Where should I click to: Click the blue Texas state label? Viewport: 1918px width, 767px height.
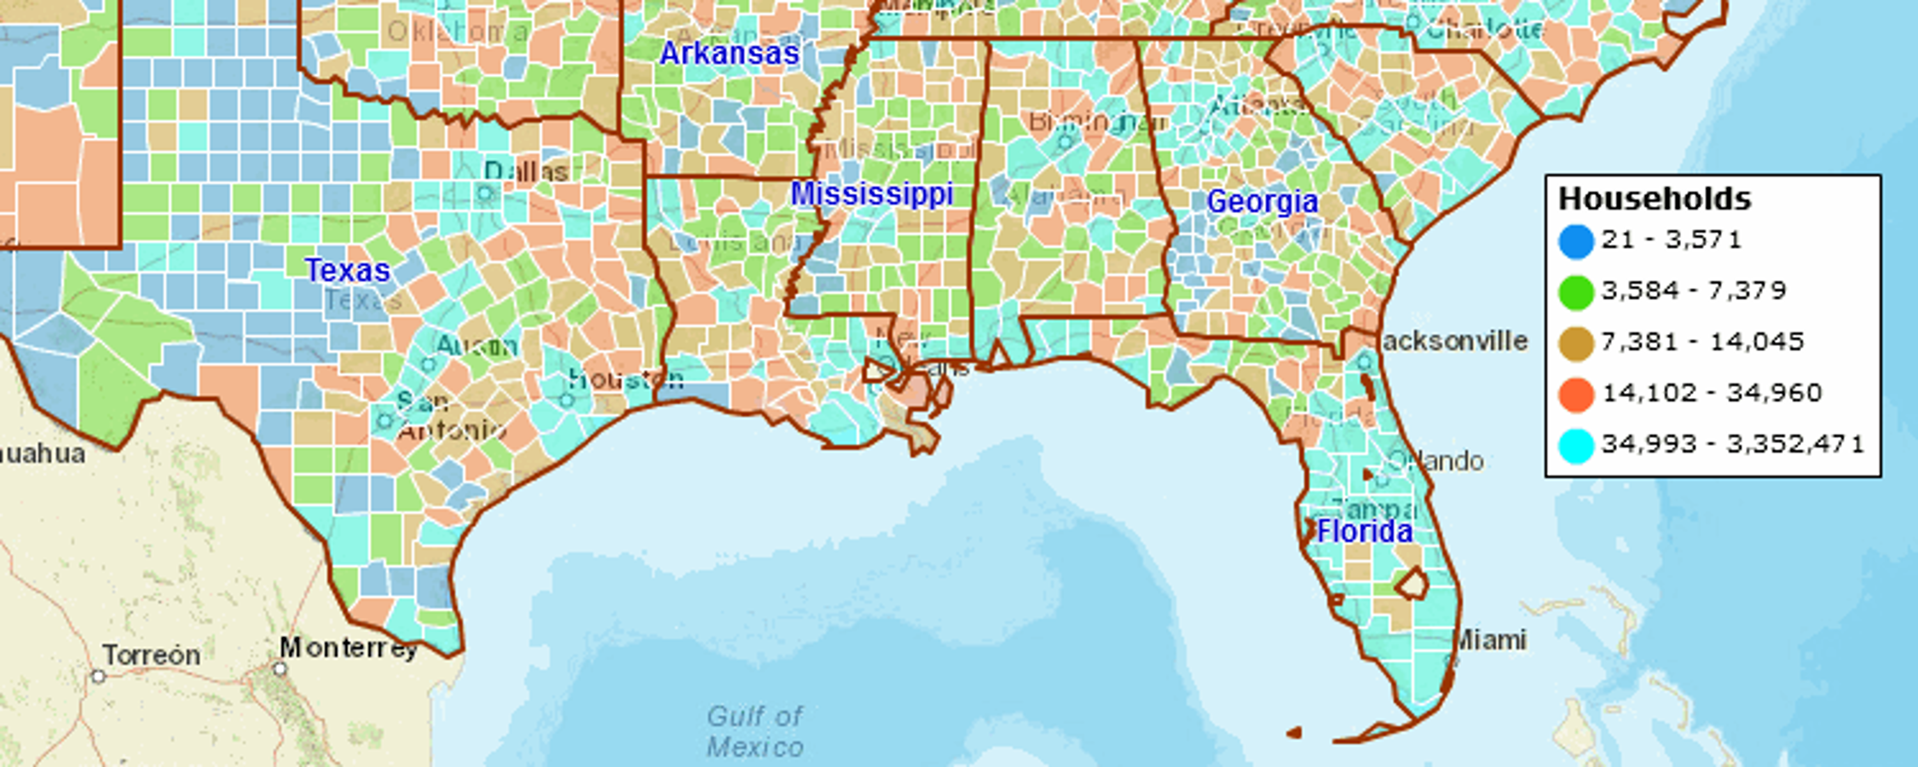[x=348, y=270]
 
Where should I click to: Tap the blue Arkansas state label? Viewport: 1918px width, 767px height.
[x=729, y=54]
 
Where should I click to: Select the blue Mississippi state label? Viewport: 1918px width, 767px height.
[x=871, y=194]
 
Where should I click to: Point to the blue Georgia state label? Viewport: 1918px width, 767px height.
[x=1262, y=201]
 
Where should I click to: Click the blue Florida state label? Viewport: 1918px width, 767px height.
[x=1364, y=532]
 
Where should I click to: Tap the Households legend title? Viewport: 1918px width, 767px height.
[x=1655, y=199]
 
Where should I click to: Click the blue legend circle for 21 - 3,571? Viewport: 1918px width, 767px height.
[x=1575, y=240]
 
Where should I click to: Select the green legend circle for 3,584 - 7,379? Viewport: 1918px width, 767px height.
[x=1575, y=291]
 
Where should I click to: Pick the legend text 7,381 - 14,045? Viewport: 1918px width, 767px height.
[x=1702, y=342]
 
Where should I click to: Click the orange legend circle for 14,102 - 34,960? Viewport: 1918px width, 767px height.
[x=1575, y=394]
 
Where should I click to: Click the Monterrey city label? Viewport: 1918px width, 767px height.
[x=348, y=649]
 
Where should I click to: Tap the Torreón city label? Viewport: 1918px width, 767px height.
[x=152, y=655]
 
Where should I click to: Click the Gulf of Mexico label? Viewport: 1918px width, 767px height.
[x=754, y=731]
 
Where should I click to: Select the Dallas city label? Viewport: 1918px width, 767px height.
[x=526, y=172]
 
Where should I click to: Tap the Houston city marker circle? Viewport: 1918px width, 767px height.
[x=566, y=400]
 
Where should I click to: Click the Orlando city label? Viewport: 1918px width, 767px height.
[x=1437, y=461]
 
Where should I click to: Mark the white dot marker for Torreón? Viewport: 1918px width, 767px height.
[x=98, y=676]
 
